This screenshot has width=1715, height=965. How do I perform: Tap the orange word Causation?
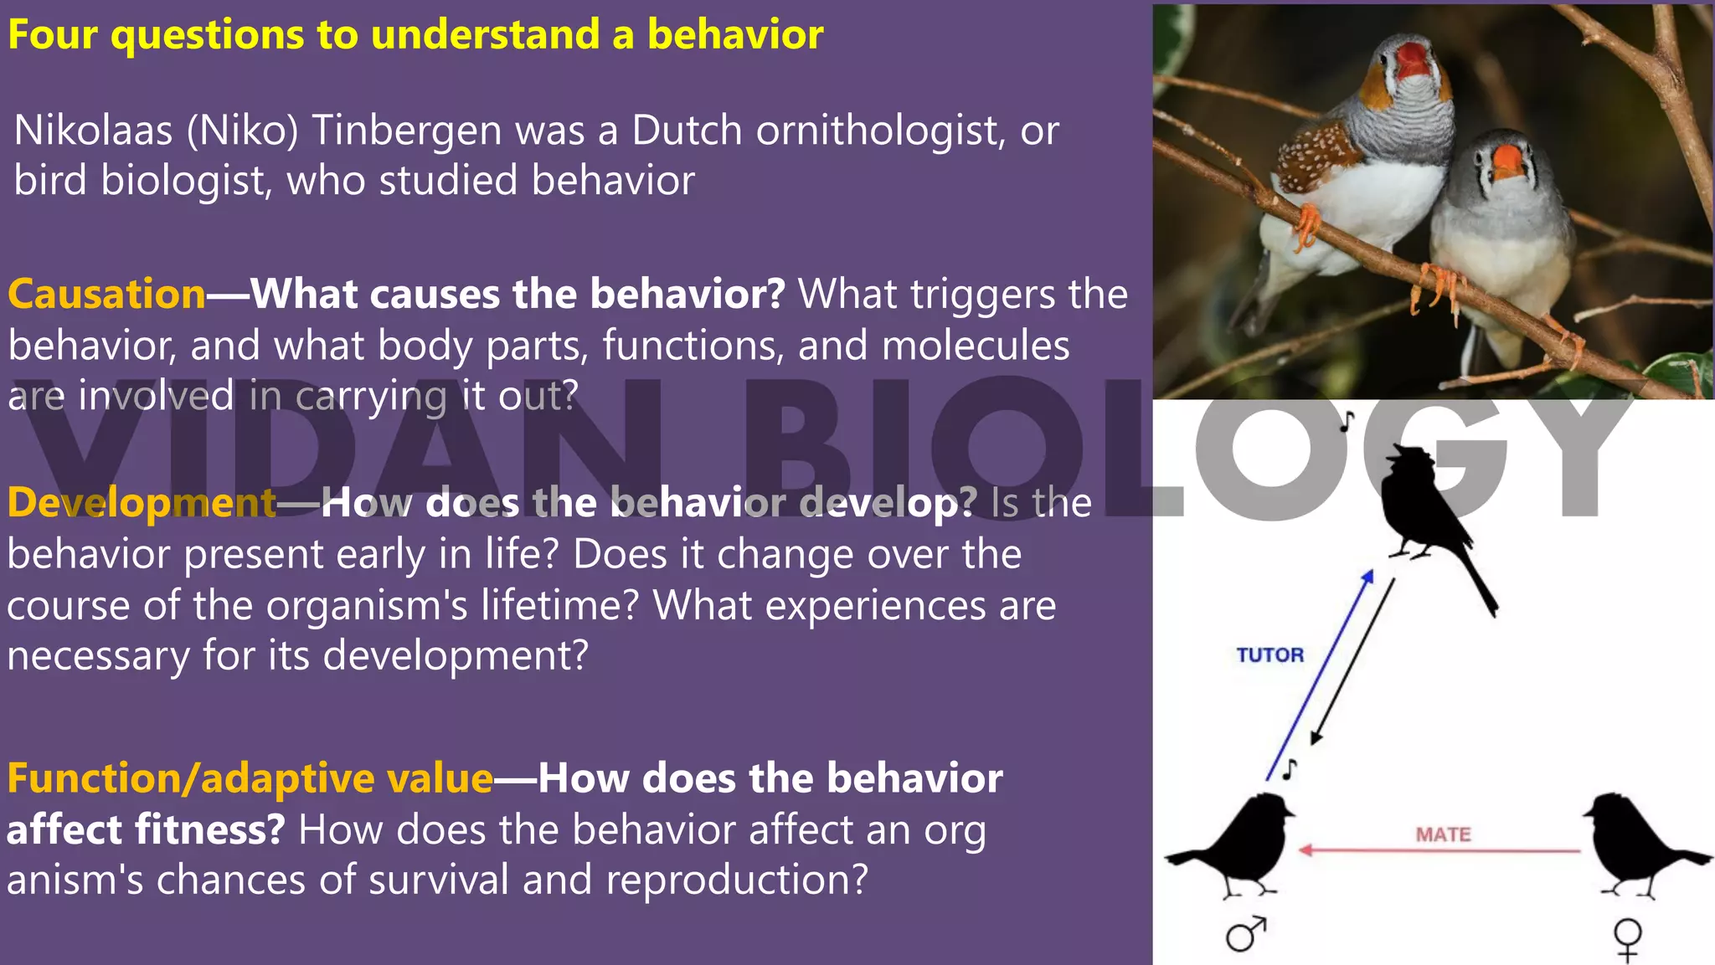106,295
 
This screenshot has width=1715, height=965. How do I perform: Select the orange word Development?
142,502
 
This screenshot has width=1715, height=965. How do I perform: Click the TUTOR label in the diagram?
1270,655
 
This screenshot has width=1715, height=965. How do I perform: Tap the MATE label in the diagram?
1443,834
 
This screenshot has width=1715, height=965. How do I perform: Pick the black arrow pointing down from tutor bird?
1353,661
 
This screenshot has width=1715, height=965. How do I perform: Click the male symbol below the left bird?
1245,934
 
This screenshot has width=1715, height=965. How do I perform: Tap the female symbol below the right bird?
1627,938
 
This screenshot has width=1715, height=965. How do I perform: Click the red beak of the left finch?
1412,60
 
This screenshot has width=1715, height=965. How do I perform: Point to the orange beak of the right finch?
1508,161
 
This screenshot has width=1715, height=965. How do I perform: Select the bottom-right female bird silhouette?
1633,845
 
